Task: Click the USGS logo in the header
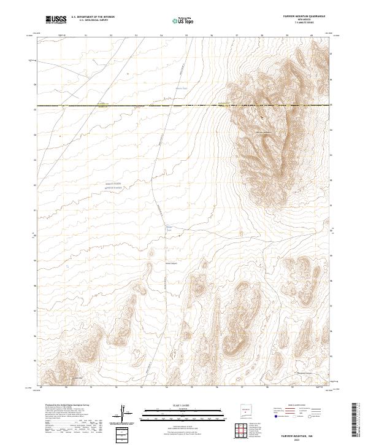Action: pyautogui.click(x=56, y=20)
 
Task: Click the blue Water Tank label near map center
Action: pyautogui.click(x=170, y=228)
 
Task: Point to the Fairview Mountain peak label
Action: pyautogui.click(x=263, y=132)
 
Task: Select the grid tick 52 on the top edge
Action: pyautogui.click(x=111, y=36)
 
